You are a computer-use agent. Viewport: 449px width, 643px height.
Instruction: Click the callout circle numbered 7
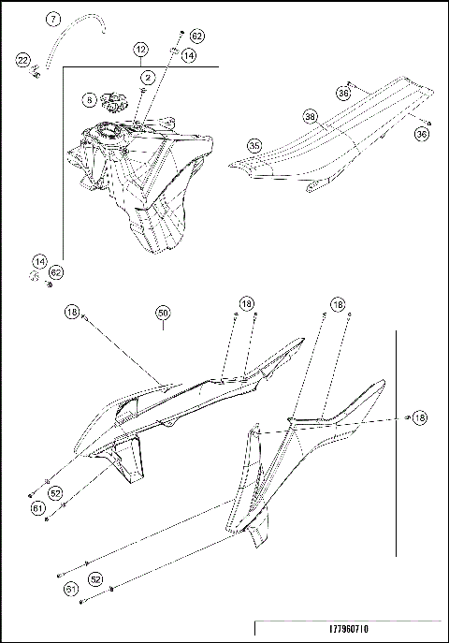tap(53, 19)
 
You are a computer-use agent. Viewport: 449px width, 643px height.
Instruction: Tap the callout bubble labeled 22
tap(22, 60)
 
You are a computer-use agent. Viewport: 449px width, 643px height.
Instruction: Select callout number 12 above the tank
tap(140, 48)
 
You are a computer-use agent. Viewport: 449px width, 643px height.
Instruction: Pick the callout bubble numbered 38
tap(310, 118)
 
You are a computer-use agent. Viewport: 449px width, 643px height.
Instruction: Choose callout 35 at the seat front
tap(254, 145)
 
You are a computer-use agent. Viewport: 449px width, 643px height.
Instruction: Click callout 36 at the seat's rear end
tap(423, 134)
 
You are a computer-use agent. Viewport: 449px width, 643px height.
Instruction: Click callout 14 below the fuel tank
tap(39, 261)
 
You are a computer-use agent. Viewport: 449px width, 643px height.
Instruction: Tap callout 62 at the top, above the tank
tap(196, 36)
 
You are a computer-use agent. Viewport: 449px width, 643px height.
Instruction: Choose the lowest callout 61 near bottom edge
tap(70, 589)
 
